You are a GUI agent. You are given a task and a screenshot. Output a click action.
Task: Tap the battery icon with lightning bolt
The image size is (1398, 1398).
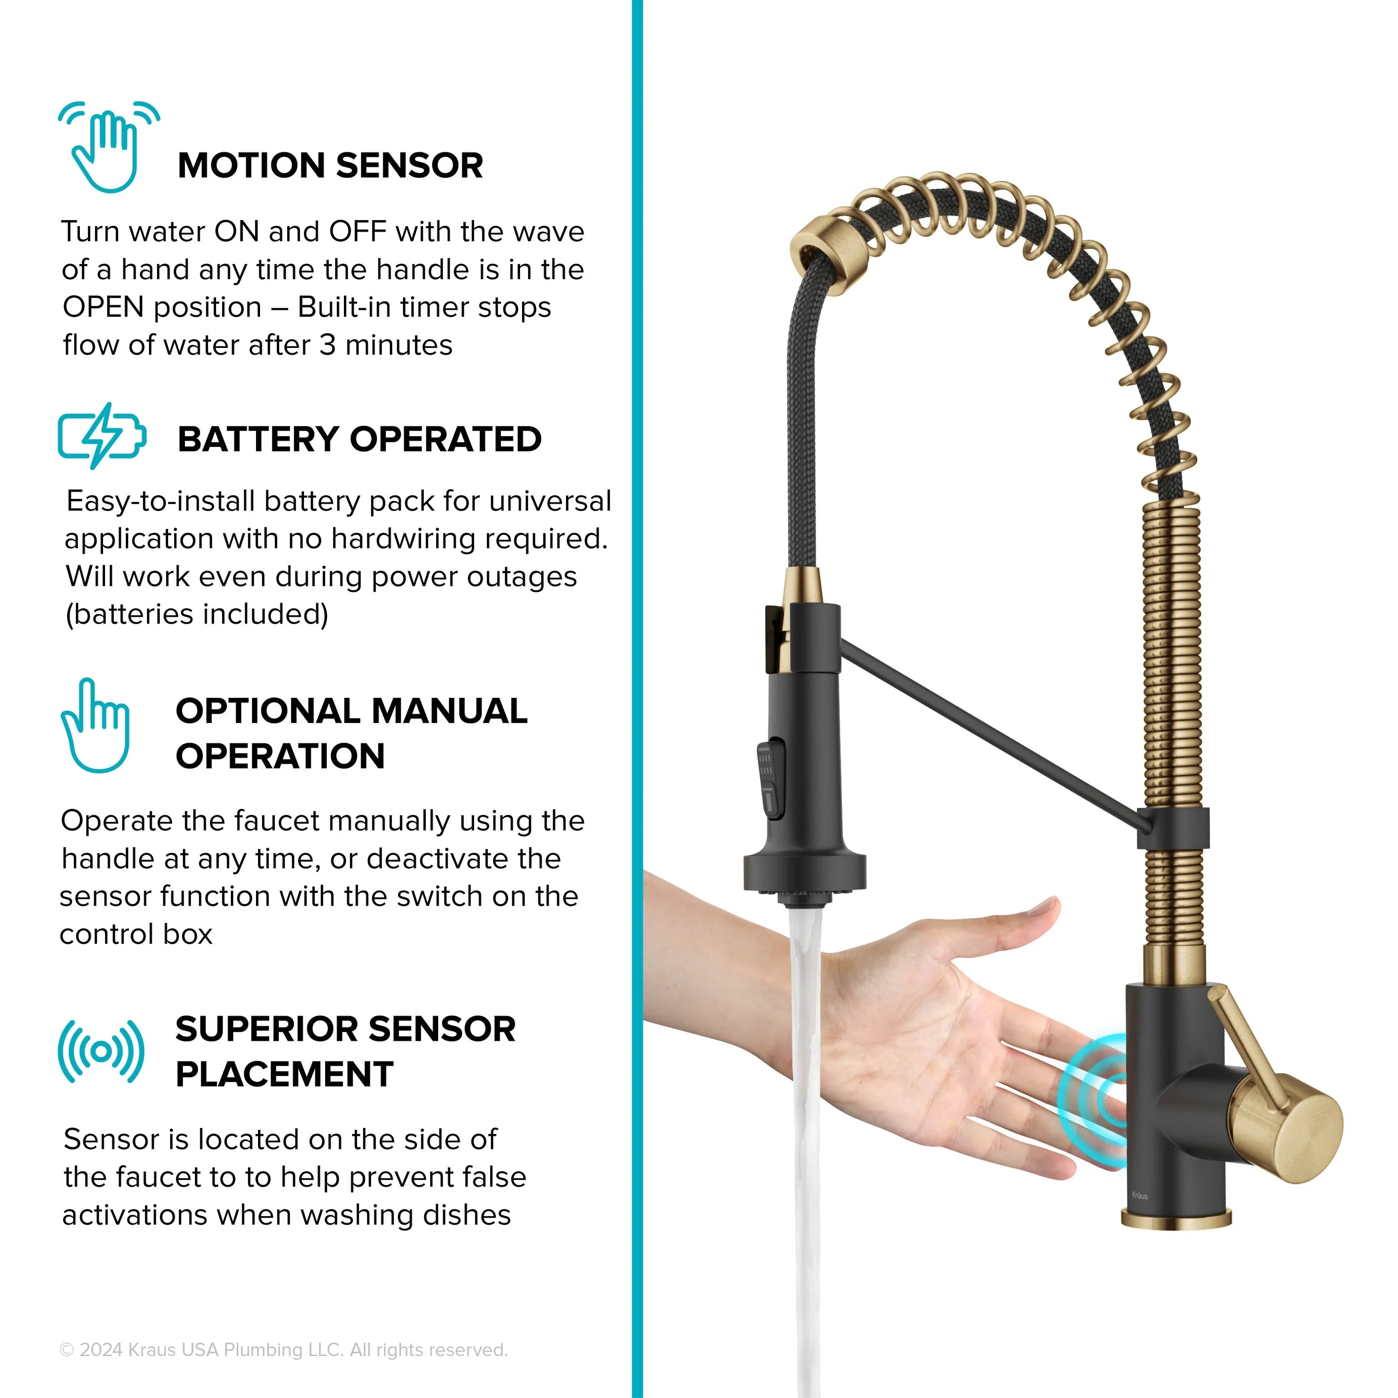click(102, 436)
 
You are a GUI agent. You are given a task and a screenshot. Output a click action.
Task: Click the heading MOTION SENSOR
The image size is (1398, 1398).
click(330, 166)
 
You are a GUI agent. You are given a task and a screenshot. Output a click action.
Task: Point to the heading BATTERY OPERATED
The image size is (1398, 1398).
click(359, 439)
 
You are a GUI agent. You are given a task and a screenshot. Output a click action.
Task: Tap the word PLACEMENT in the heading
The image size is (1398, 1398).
click(284, 1074)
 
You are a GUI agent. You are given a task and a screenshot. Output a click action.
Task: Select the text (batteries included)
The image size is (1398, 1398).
click(197, 614)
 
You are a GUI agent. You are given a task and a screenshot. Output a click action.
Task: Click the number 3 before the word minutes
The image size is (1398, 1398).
click(328, 345)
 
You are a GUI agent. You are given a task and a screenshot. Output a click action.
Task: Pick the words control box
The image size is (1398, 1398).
click(136, 934)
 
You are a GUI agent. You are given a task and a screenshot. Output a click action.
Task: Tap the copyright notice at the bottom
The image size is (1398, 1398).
click(284, 1350)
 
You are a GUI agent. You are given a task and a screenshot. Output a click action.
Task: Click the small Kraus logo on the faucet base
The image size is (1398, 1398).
click(1140, 1195)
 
